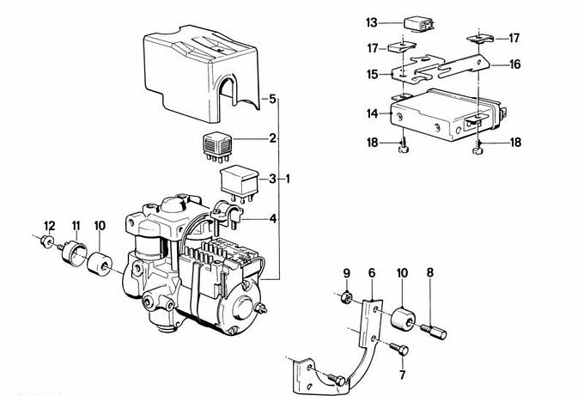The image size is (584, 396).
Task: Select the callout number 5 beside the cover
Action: point(272,100)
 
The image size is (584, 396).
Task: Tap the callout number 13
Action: point(371,22)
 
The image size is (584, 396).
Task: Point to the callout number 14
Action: point(371,113)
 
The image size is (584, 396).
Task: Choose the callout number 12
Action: point(50,226)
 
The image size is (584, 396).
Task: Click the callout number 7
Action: point(402,375)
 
